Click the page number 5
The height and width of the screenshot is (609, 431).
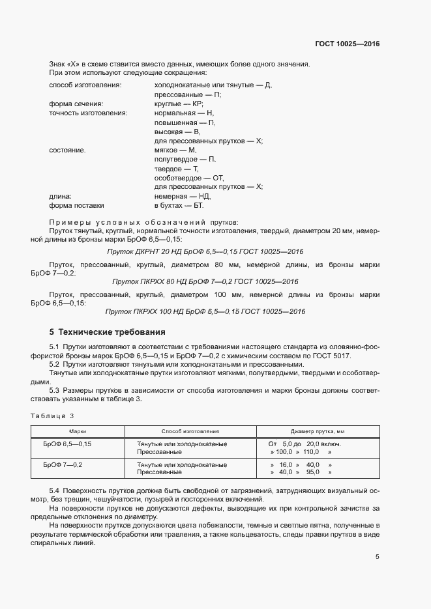pos(378,557)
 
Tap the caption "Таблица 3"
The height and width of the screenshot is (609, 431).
pos(53,416)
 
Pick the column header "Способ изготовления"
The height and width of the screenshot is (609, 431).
pos(190,431)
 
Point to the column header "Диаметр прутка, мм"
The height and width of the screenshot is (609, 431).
pos(317,431)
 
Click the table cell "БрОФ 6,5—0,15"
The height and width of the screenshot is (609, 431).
pos(67,444)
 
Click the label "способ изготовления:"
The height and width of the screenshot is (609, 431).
pos(85,85)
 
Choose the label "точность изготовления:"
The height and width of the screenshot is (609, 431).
pos(88,113)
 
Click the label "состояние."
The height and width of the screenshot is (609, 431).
pos(67,150)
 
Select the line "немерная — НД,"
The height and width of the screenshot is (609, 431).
pos(183,196)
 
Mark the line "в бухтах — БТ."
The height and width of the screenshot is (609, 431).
pos(179,205)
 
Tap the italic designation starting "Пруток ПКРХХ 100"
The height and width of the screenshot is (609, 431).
pos(205,311)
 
